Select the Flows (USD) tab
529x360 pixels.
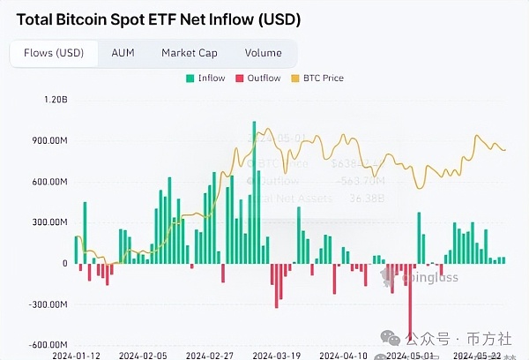pos(53,53)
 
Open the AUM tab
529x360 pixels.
pos(123,53)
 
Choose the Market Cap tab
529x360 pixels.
pos(190,53)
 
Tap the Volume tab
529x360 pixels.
pos(263,53)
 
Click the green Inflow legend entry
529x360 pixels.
pos(206,79)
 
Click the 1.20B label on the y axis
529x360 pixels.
pos(55,100)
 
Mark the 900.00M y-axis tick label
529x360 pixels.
pos(49,141)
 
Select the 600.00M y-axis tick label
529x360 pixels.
pos(49,182)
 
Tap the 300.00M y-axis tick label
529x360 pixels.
pos(49,222)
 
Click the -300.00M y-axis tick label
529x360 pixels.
pos(48,304)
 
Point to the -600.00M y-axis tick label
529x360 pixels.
pos(48,345)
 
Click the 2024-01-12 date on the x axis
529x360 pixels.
pos(76,356)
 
